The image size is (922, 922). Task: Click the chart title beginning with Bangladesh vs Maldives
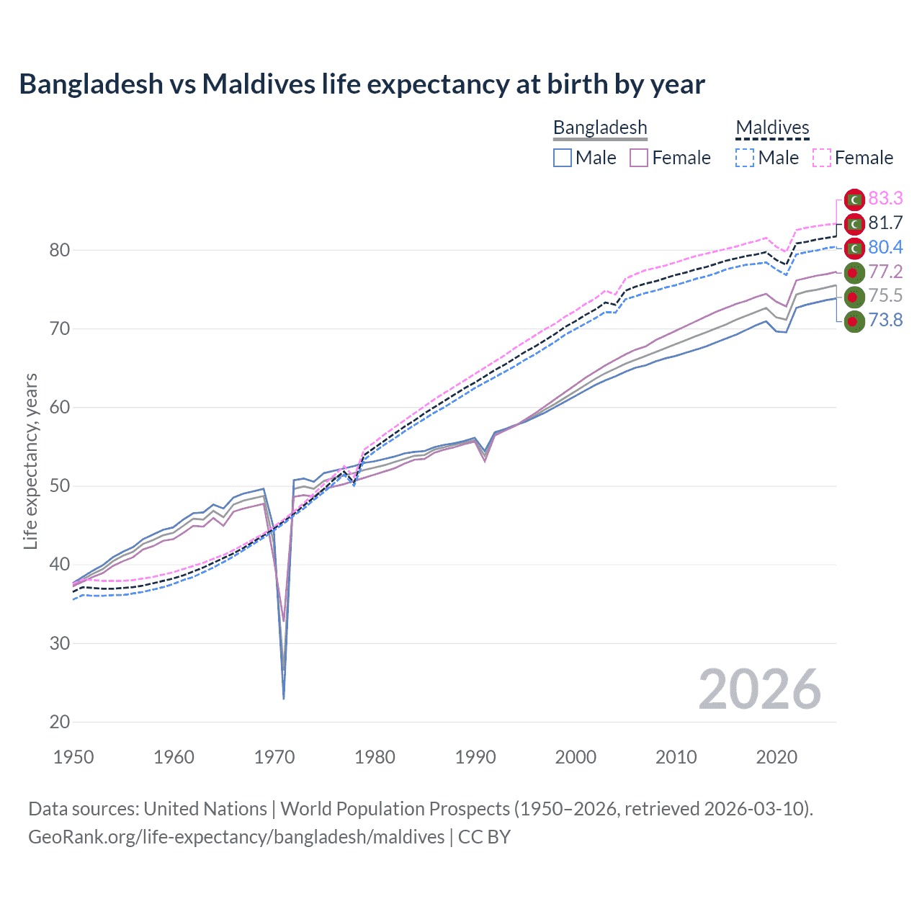tap(362, 84)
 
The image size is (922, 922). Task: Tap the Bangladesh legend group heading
tap(600, 127)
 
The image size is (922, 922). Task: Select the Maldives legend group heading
tap(772, 127)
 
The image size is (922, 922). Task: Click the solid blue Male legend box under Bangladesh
tap(563, 158)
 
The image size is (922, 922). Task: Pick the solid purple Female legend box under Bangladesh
tap(639, 158)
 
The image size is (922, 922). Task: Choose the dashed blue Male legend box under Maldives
tap(745, 158)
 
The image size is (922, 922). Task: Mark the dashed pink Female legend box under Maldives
tap(822, 158)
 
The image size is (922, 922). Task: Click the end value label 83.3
tap(885, 198)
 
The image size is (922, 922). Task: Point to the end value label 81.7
tap(885, 223)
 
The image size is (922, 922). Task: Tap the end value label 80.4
tap(885, 247)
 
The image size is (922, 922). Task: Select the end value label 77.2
tap(885, 272)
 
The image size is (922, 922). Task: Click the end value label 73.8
tap(885, 320)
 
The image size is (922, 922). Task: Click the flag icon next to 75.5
tap(854, 296)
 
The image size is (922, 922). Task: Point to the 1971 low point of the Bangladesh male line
tap(284, 698)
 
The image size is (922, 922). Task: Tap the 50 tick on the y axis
tap(60, 486)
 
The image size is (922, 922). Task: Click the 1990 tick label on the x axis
tap(475, 757)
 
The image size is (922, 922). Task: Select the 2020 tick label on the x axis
tap(776, 757)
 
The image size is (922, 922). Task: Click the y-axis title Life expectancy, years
tap(31, 461)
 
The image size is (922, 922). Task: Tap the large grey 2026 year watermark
tap(759, 689)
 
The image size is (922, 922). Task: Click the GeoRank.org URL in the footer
tap(236, 837)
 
